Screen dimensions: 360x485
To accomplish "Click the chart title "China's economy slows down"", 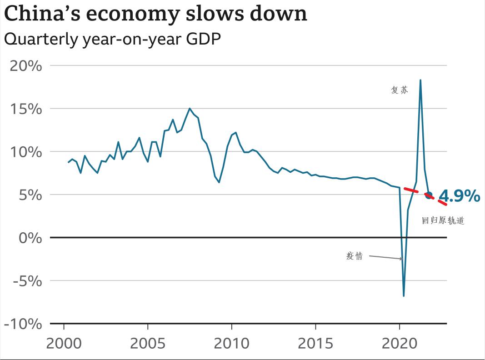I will click(x=155, y=15).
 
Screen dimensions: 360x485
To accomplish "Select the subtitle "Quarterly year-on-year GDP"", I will click(x=112, y=39).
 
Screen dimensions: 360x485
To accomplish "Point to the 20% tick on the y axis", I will click(x=26, y=66).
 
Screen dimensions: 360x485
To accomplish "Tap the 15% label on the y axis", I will click(x=26, y=109).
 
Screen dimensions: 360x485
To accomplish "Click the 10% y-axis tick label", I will click(x=26, y=152).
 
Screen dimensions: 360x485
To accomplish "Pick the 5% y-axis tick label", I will click(x=30, y=195).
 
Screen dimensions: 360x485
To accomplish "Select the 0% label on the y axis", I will click(x=30, y=238).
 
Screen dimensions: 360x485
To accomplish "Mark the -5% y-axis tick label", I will click(x=27, y=280).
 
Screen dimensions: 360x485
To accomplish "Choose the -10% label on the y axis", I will click(x=23, y=324).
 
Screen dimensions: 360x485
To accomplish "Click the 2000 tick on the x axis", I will click(x=64, y=343).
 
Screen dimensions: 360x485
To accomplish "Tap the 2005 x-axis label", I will click(x=148, y=343).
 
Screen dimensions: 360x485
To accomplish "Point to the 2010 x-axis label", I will click(x=232, y=343).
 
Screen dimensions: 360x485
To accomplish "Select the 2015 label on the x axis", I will click(x=315, y=343).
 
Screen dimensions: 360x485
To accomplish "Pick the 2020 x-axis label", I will click(x=399, y=343).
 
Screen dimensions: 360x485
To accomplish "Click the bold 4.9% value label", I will click(x=459, y=196).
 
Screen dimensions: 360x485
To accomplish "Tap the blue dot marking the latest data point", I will click(x=428, y=195).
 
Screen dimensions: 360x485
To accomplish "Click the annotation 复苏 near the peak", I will click(x=400, y=90).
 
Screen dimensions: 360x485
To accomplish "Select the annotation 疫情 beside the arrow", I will click(x=355, y=256).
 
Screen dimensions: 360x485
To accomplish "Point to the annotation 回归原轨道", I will click(x=443, y=221).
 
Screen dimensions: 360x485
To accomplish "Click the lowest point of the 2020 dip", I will click(x=404, y=296).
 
